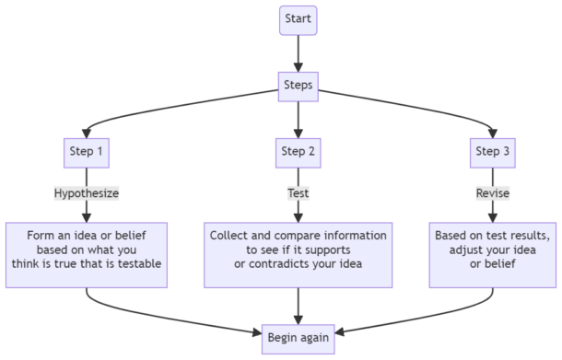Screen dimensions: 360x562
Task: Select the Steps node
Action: point(298,86)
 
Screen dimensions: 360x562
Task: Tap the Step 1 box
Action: point(86,151)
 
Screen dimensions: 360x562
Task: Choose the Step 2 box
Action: point(298,151)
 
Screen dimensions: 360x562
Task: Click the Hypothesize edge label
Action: point(86,194)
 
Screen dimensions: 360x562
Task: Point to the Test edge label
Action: point(298,194)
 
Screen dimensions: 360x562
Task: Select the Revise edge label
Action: point(493,194)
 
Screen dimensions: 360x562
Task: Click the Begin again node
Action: point(298,336)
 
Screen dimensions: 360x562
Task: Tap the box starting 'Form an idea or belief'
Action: point(86,250)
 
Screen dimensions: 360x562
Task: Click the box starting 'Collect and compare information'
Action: point(298,250)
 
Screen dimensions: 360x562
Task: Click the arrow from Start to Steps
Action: point(298,53)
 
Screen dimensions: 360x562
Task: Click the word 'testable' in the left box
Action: point(137,264)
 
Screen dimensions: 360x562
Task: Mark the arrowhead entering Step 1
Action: point(86,130)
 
